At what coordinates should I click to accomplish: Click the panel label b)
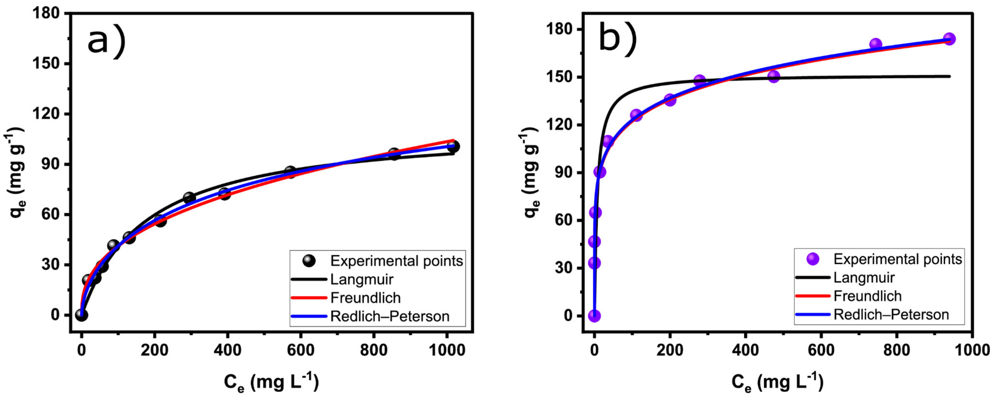[618, 39]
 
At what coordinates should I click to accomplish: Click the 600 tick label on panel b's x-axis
[821, 350]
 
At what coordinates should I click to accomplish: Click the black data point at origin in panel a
[81, 315]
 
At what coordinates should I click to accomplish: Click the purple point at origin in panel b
[594, 316]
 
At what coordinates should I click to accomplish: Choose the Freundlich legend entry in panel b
[867, 296]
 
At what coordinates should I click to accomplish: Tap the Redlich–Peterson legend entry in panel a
[389, 316]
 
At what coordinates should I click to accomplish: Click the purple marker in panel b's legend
[813, 259]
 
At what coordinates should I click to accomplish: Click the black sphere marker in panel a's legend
[309, 261]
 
